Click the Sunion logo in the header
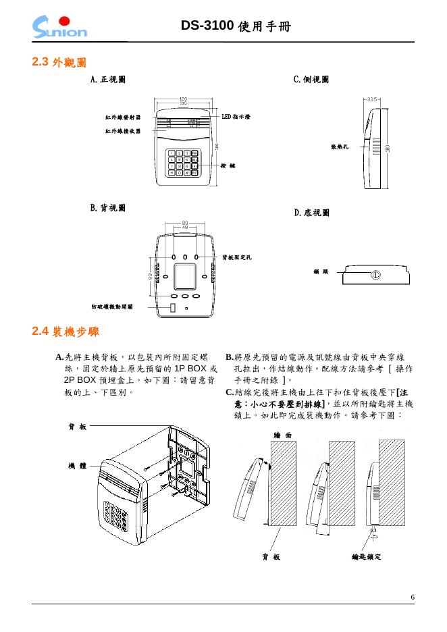[x=59, y=26]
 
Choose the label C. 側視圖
[x=311, y=80]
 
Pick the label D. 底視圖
[x=312, y=213]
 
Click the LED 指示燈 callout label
[x=236, y=117]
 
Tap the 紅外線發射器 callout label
[x=123, y=117]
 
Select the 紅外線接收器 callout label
[x=123, y=131]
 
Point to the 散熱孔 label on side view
[x=339, y=146]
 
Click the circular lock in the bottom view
[x=375, y=275]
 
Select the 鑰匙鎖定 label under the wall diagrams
[x=367, y=556]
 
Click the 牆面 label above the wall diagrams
[x=284, y=436]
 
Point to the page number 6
[x=413, y=597]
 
